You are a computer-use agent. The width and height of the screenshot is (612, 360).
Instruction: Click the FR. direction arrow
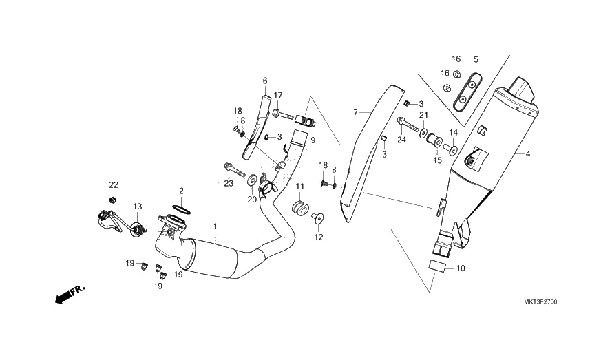tap(70, 295)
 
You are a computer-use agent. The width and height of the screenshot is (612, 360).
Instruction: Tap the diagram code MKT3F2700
tap(540, 301)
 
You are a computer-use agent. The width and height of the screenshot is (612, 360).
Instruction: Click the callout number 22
tap(114, 184)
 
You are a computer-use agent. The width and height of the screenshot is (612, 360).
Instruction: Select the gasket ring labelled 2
tap(181, 209)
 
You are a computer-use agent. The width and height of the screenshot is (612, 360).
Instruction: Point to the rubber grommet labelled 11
tap(300, 207)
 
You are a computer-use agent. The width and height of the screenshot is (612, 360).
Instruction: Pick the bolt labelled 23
tap(234, 169)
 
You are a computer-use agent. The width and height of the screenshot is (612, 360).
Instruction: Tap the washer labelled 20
tap(252, 180)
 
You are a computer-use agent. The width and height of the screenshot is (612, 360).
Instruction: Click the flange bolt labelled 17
tap(282, 115)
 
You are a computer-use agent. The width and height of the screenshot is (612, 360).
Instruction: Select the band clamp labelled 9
tap(305, 120)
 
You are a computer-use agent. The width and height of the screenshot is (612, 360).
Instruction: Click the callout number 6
tap(265, 81)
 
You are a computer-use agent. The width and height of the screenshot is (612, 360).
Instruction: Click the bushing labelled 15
tap(434, 140)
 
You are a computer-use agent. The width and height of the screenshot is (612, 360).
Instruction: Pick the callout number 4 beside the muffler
tap(528, 153)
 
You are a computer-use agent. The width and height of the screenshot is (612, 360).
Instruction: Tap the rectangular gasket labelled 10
tap(437, 265)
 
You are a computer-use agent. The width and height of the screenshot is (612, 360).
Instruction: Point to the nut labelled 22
tap(113, 200)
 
